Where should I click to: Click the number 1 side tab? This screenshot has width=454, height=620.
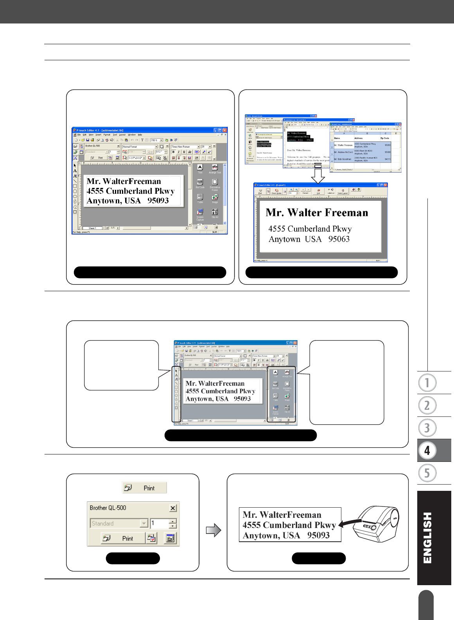coord(427,383)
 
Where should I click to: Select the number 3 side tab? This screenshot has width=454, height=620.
coord(427,428)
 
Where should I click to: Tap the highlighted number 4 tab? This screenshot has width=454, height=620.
coord(427,451)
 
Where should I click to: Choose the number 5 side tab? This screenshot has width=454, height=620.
coord(427,473)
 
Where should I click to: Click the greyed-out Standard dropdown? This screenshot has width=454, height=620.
coord(118,523)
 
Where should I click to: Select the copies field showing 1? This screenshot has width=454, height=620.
coord(160,523)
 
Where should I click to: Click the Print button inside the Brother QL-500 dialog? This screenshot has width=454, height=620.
coord(123,539)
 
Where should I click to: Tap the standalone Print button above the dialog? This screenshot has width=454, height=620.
coord(144,488)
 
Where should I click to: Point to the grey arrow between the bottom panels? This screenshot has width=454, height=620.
coord(214,530)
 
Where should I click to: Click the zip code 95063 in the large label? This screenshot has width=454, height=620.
coord(339,239)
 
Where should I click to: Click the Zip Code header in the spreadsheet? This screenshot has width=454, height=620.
coord(384,138)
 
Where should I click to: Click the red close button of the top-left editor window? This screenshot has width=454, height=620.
coord(225,130)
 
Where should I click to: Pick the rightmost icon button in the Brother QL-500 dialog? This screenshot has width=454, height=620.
coord(170,539)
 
